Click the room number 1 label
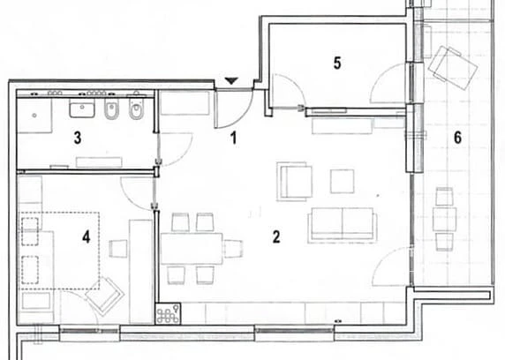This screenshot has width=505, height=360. click(234, 139)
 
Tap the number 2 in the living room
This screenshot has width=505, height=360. click(276, 237)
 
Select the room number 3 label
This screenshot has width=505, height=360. click(78, 139)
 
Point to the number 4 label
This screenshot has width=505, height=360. click(86, 237)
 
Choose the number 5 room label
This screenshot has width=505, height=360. click(337, 63)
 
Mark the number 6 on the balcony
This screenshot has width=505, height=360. click(457, 138)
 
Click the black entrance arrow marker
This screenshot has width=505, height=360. click(231, 81)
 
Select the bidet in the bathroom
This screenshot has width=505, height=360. click(112, 109)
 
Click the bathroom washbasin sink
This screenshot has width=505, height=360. click(82, 108)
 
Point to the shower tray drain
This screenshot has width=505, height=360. click(34, 116)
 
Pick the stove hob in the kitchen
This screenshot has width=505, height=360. click(168, 313)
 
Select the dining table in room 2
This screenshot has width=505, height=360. click(192, 249)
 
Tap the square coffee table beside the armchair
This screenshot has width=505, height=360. click(342, 181)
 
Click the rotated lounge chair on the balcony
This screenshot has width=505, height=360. click(453, 67)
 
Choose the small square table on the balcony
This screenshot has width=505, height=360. click(444, 220)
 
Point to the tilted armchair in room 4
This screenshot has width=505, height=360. click(105, 296)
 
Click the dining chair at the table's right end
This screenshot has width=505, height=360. click(233, 249)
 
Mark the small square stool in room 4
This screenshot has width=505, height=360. click(118, 249)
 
